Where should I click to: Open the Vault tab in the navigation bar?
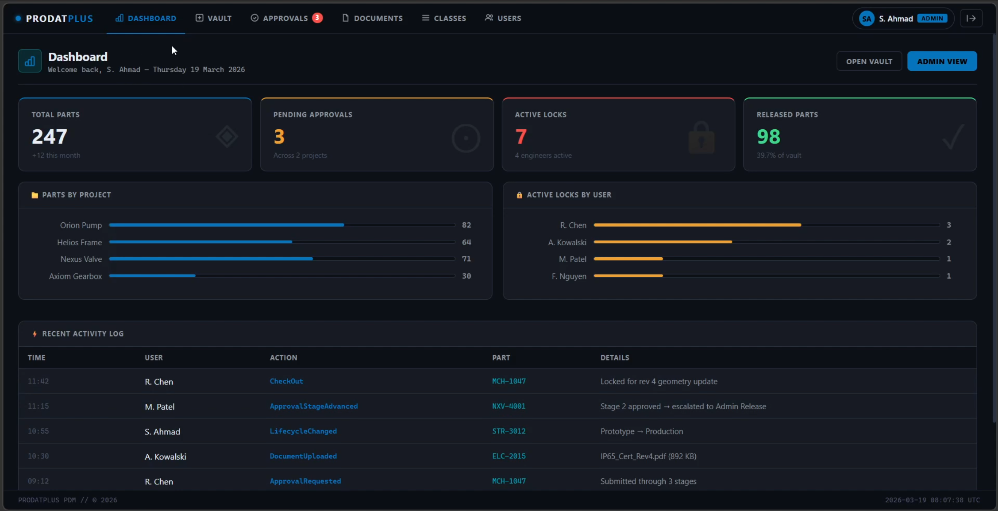point(214,18)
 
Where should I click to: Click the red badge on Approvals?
point(317,18)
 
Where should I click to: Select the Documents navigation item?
point(372,18)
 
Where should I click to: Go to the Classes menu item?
point(444,18)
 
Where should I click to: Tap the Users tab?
point(503,18)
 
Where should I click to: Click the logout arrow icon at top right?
point(971,18)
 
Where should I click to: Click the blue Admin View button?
point(942,62)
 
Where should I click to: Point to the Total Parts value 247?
point(50,136)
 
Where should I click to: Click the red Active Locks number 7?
point(521,136)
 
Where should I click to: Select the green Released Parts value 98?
point(769,136)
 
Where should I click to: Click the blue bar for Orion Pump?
point(227,225)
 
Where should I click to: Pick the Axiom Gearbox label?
point(75,276)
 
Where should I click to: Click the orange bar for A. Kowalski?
point(663,242)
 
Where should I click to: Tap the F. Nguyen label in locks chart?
point(569,276)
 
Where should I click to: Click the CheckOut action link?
point(286,381)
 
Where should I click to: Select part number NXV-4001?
point(509,406)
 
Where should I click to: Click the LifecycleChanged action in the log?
point(303,431)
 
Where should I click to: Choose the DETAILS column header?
point(615,358)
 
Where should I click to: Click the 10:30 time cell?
point(39,456)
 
